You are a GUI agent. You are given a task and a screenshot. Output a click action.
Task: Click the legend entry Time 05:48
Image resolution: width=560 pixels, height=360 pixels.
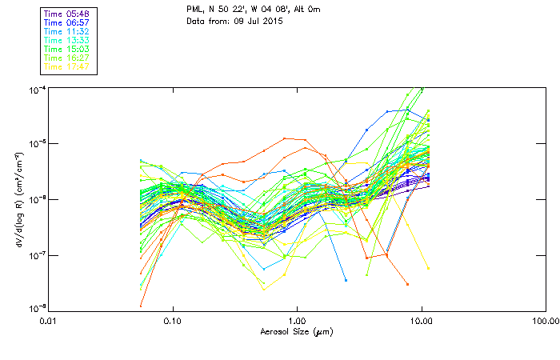click(66, 14)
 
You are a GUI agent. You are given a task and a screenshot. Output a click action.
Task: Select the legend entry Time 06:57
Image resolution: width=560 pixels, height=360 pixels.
click(66, 22)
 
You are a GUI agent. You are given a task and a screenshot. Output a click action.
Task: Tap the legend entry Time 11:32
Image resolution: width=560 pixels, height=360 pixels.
click(66, 31)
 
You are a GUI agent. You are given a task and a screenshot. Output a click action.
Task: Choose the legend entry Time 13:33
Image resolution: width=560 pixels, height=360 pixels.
click(66, 40)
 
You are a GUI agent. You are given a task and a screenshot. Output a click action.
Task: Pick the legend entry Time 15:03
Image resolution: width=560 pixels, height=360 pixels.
click(66, 49)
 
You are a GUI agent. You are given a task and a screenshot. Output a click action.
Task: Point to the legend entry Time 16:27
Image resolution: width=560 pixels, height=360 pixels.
click(66, 58)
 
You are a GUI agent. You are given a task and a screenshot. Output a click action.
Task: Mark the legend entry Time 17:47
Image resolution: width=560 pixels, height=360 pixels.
click(66, 66)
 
